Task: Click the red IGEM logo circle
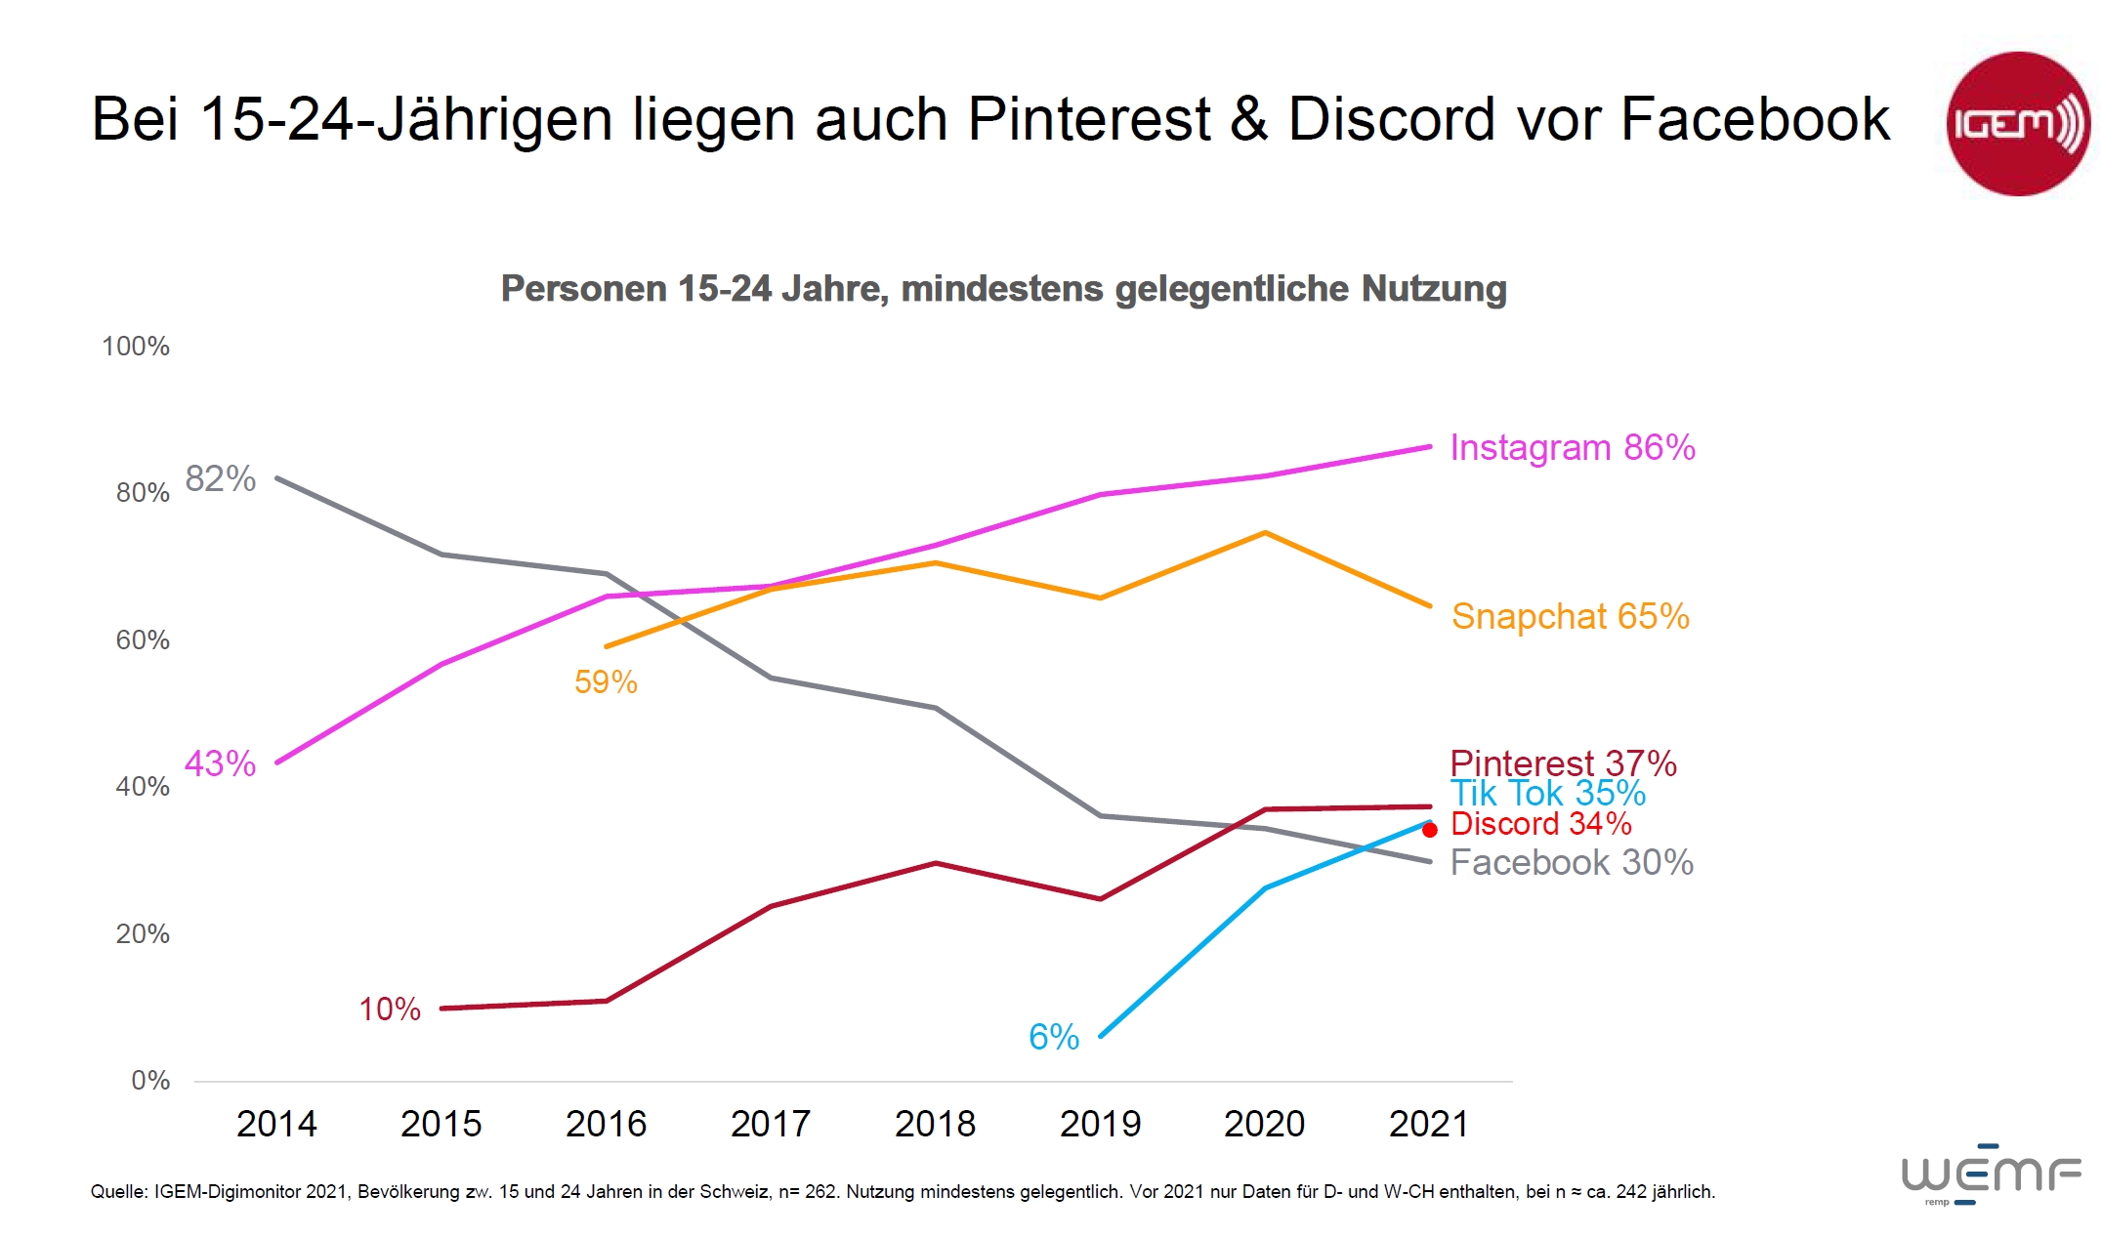click(2018, 124)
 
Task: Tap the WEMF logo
click(1991, 1174)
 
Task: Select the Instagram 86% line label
click(1572, 447)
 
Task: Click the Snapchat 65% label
click(1570, 616)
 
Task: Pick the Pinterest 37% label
click(1563, 762)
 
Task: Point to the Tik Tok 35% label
click(1547, 793)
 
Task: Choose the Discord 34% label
click(1540, 823)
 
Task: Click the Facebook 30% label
click(1571, 862)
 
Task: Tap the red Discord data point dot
click(1430, 830)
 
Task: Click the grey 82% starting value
click(220, 478)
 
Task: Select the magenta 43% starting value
click(220, 762)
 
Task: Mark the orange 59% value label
click(606, 681)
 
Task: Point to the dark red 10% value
click(390, 1009)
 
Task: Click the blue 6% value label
click(1054, 1037)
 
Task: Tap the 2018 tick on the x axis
click(935, 1124)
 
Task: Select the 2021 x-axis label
click(1428, 1124)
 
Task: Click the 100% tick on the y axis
click(136, 347)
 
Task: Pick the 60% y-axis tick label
click(143, 640)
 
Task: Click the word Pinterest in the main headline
click(1089, 119)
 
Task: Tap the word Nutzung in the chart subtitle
click(1433, 289)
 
